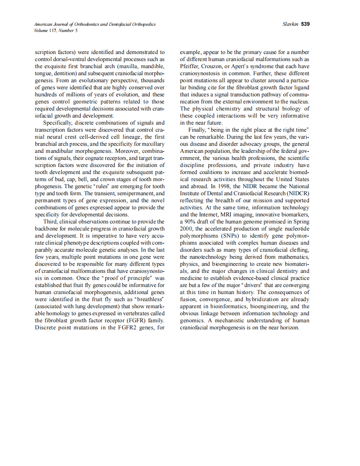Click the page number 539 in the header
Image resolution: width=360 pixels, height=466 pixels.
pos(306,24)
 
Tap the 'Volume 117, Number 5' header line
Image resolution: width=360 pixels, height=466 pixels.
pos(56,30)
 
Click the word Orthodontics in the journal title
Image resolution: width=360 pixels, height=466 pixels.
pos(83,25)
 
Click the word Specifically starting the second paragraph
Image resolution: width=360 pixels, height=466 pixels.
pos(59,123)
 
